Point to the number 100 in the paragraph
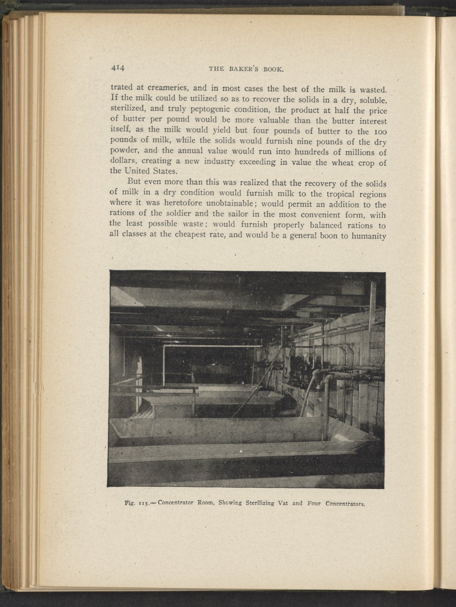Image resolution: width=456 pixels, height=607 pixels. (x=379, y=132)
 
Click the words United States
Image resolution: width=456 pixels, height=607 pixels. (x=147, y=171)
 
